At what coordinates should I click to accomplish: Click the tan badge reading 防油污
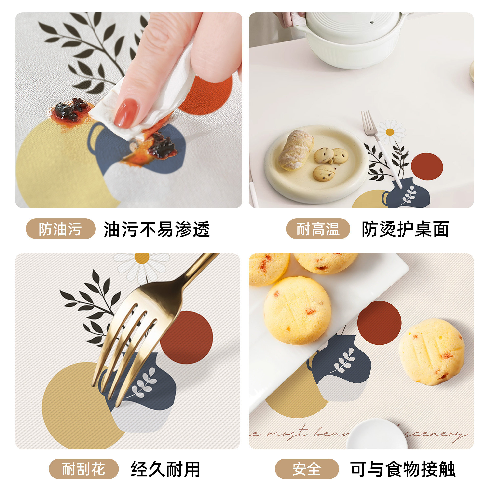coord(60,229)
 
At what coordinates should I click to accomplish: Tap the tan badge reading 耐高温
coord(318,229)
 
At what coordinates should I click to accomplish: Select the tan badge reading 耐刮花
coord(84,469)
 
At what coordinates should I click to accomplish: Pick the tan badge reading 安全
coord(307,469)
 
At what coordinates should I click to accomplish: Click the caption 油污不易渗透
coord(157,229)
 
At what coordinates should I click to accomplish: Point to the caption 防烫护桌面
coord(405,229)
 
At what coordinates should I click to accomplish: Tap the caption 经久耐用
coord(165,469)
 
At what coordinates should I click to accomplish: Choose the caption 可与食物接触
coord(403,469)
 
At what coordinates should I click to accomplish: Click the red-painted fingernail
coord(126,113)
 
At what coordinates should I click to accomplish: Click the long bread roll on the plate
coord(296,150)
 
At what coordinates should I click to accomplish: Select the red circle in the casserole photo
coord(427,166)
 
